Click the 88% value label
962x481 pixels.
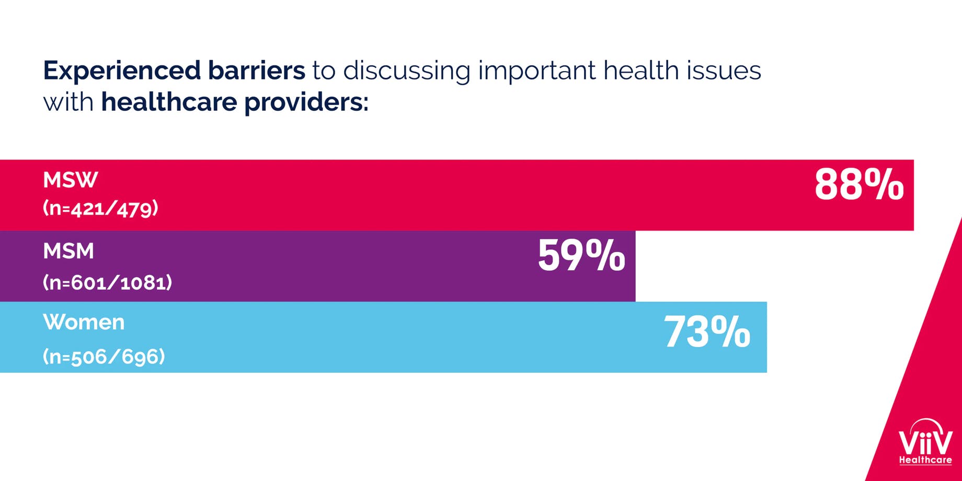pyautogui.click(x=859, y=185)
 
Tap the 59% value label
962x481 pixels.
pyautogui.click(x=581, y=256)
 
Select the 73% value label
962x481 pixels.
pyautogui.click(x=707, y=332)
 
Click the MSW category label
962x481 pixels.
pyautogui.click(x=70, y=180)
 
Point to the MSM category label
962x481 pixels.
pyautogui.click(x=68, y=251)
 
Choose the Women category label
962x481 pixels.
pyautogui.click(x=84, y=322)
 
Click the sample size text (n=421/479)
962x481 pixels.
pyautogui.click(x=100, y=209)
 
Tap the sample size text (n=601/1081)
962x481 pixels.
pyautogui.click(x=107, y=283)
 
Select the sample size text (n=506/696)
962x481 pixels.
pyautogui.click(x=104, y=357)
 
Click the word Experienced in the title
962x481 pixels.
pyautogui.click(x=122, y=71)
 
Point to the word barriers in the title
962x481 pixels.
pyautogui.click(x=256, y=70)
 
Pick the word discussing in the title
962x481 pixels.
pyautogui.click(x=406, y=71)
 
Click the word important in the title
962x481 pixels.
pyautogui.click(x=536, y=71)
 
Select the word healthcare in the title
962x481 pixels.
pyautogui.click(x=169, y=101)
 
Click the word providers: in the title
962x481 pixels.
pyautogui.click(x=306, y=102)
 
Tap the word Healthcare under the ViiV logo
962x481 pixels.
pyautogui.click(x=925, y=460)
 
